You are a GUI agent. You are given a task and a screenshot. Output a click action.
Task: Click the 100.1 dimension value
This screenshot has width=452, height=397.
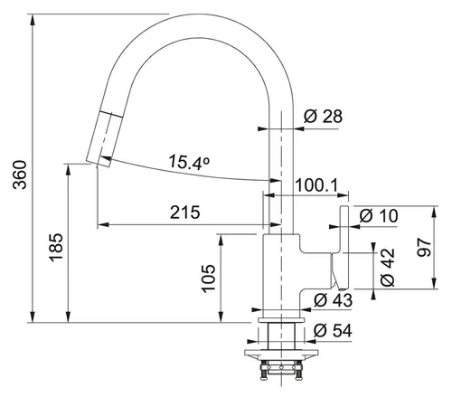317,186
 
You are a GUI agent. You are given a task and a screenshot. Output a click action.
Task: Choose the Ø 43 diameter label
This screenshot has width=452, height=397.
333,298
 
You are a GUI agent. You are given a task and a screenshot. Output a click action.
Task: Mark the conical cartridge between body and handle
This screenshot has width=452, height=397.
334,269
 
